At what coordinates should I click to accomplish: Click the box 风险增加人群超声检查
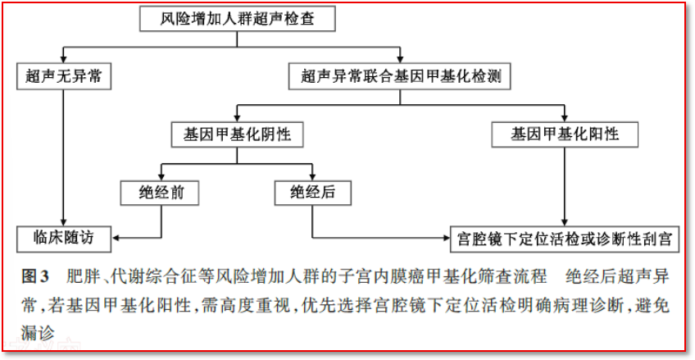pos(237,20)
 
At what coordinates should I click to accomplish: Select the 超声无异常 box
pos(63,77)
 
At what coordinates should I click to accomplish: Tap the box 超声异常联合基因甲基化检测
pos(400,77)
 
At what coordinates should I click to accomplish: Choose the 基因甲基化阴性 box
pos(238,134)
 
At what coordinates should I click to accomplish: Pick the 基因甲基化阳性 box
pos(565,134)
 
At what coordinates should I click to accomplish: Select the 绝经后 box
pos(313,193)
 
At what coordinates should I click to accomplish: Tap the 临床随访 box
pos(63,238)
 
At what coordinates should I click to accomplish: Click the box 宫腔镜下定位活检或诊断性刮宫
pos(565,239)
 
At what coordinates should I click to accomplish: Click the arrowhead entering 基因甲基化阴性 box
pos(238,118)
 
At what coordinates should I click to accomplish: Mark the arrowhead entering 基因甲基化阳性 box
pos(565,118)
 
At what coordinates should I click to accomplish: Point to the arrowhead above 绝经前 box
pos(161,177)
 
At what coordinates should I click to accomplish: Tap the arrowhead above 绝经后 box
pos(313,177)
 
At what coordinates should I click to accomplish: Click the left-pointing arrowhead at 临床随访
pos(115,238)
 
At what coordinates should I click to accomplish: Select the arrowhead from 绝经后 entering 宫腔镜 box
pos(446,238)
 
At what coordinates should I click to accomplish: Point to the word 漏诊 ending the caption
pos(36,330)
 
